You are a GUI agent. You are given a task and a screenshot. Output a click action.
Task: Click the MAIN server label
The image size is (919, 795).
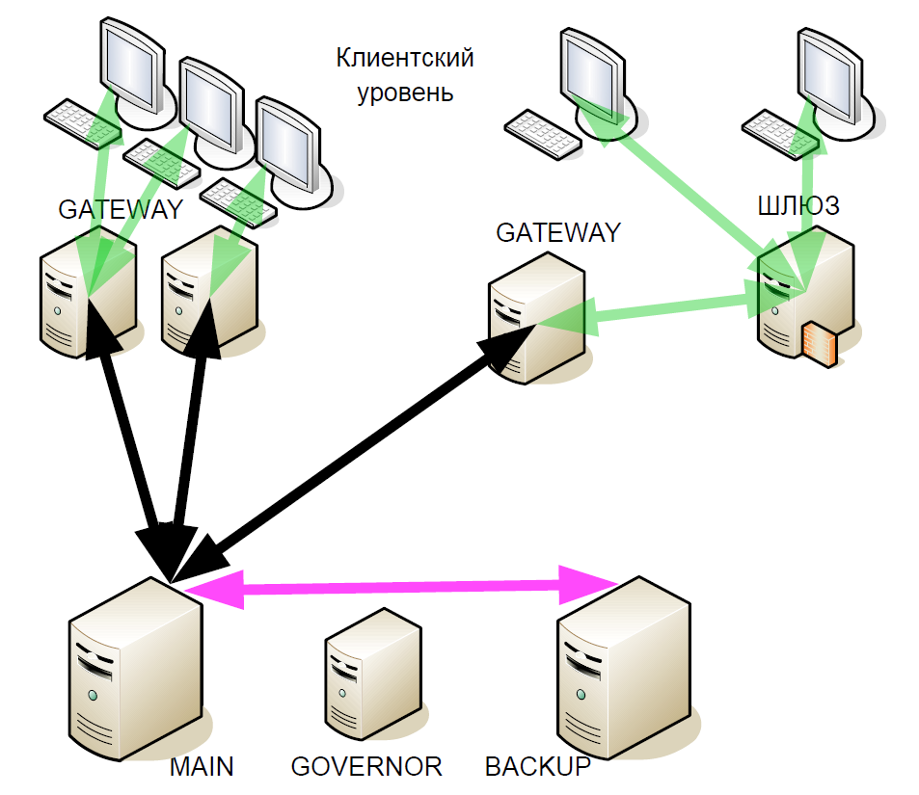[x=202, y=767]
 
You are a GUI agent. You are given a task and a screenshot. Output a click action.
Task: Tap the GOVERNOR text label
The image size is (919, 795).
[x=366, y=767]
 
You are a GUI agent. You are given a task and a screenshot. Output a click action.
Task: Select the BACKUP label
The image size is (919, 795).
[x=537, y=767]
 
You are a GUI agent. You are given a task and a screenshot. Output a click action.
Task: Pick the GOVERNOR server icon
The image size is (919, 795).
[x=372, y=675]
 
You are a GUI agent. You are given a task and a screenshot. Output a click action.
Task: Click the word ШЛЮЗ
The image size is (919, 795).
[x=799, y=204]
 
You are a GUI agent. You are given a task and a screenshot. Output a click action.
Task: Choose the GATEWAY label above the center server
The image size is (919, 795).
[x=557, y=233]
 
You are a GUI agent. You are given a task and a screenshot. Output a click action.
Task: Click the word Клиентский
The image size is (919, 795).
[x=405, y=59]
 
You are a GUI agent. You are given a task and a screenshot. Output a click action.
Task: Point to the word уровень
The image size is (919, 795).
[x=405, y=93]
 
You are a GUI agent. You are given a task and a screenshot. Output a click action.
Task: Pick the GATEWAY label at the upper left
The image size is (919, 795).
[x=120, y=210]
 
